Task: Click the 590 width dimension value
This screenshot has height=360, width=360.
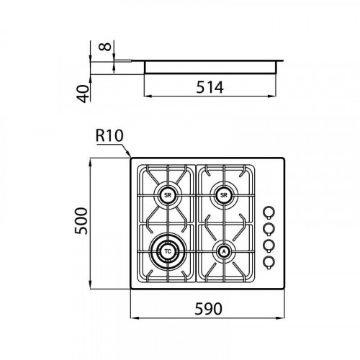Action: [208, 309]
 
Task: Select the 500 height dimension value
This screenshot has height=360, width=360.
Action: [81, 221]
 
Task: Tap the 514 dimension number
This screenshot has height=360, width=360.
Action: [210, 87]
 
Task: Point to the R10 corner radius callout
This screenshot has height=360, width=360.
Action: [109, 136]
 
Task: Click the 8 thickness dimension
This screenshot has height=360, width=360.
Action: [105, 46]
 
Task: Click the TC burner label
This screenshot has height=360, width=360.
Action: [168, 251]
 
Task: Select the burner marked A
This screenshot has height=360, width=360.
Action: [224, 251]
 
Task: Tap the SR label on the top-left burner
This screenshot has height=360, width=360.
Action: [168, 195]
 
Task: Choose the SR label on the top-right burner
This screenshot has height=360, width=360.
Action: [223, 195]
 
